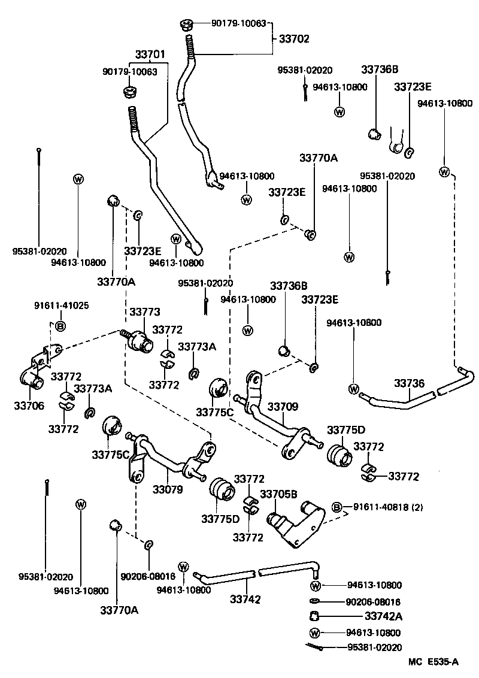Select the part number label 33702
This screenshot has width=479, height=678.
[x=294, y=39]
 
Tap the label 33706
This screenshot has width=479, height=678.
[x=28, y=405]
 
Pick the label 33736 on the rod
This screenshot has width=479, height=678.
[x=409, y=383]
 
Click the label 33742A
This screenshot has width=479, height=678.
[x=383, y=616]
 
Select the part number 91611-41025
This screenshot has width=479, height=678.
[x=61, y=305]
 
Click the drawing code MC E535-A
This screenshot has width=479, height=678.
[x=434, y=661]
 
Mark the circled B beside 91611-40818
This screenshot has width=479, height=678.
[x=337, y=507]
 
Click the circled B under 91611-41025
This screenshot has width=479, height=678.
[x=60, y=326]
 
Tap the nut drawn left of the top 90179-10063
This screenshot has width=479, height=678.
[x=186, y=25]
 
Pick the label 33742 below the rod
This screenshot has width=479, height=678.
[x=245, y=599]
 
